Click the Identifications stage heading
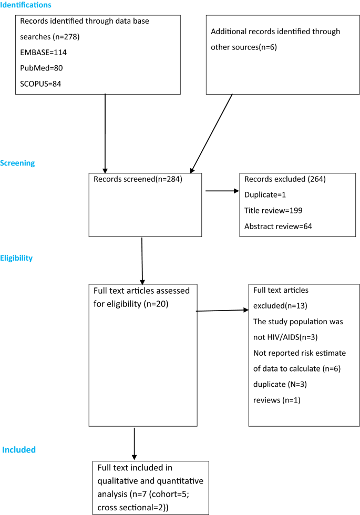pyautogui.click(x=26, y=5)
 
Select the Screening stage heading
pyautogui.click(x=17, y=163)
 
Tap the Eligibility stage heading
pyautogui.click(x=16, y=258)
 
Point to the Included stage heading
pyautogui.click(x=19, y=450)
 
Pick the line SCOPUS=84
pyautogui.click(x=41, y=84)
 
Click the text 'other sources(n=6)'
pyautogui.click(x=244, y=47)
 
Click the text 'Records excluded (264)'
pyautogui.click(x=285, y=179)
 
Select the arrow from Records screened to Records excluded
pyautogui.click(x=222, y=191)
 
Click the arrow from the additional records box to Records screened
pyautogui.click(x=211, y=133)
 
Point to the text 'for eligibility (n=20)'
pyautogui.click(x=131, y=303)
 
